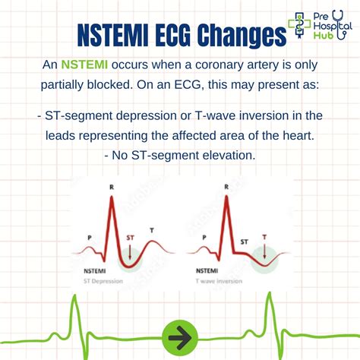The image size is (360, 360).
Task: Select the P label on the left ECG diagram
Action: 89,236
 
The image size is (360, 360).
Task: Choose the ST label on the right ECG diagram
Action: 244,241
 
